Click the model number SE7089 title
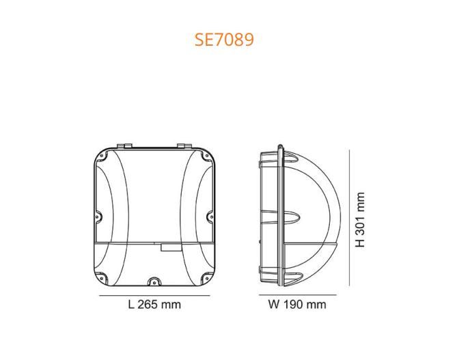(x=224, y=39)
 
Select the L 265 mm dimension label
(x=154, y=305)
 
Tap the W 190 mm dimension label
(x=296, y=305)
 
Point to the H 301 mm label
(x=361, y=219)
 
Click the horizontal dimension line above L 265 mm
(x=155, y=296)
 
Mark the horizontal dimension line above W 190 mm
(x=297, y=296)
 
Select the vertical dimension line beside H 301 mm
(x=349, y=219)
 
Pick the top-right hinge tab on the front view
(x=184, y=146)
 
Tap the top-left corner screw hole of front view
(x=102, y=156)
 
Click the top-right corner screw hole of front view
(x=208, y=156)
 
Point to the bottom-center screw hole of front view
(x=154, y=280)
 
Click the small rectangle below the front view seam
(x=168, y=248)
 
